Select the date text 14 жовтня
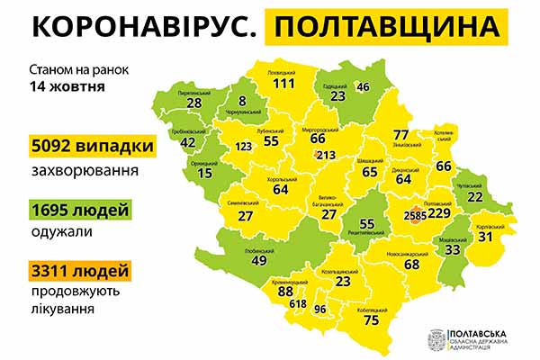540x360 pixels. (67, 87)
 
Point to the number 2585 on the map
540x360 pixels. (416, 215)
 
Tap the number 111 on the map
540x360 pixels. (284, 83)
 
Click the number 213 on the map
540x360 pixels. (325, 156)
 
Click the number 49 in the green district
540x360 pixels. (259, 260)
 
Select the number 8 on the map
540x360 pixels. (242, 101)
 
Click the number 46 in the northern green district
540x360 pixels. (363, 87)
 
